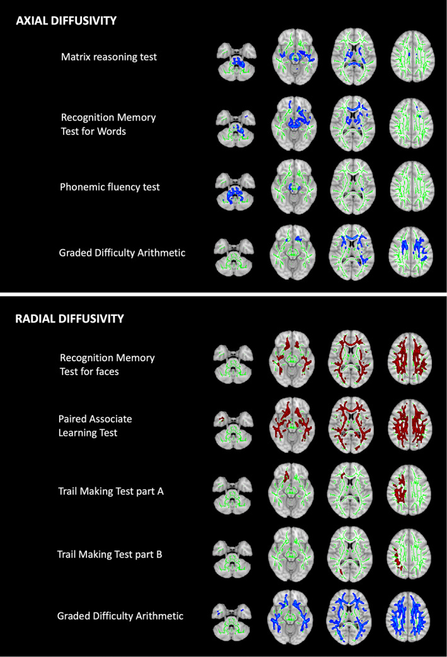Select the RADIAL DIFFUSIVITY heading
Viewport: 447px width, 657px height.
[69, 318]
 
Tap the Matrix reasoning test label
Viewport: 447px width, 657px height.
[109, 57]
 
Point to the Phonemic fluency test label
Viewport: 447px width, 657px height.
[109, 187]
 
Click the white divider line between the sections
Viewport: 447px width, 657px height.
[223, 294]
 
